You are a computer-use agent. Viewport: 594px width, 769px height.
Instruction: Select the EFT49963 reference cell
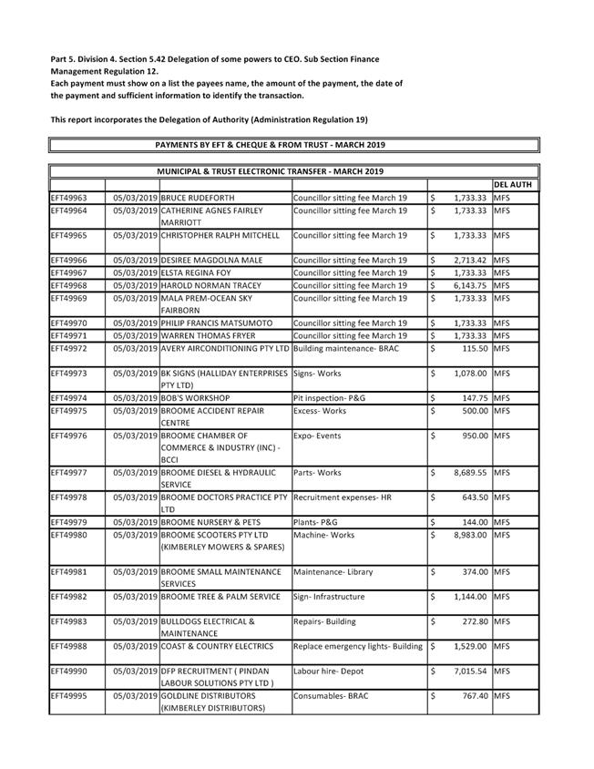pos(69,197)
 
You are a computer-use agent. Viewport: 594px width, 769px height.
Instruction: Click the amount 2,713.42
pos(469,260)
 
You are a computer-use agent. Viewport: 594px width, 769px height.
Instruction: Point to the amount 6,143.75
pos(469,285)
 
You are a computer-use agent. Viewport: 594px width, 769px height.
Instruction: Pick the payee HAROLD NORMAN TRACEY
pos(210,285)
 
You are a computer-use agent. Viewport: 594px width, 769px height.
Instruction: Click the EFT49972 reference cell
pos(69,348)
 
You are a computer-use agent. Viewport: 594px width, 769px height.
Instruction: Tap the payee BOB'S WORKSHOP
pos(195,398)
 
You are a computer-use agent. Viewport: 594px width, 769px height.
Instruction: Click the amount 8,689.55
pos(469,472)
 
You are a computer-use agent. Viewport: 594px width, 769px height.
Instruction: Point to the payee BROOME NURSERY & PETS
pos(210,522)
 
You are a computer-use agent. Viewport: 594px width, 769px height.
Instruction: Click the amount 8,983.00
pos(469,535)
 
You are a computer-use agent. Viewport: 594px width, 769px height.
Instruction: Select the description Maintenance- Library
pos(333,572)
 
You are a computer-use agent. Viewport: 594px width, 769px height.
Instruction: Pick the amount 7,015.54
pos(469,672)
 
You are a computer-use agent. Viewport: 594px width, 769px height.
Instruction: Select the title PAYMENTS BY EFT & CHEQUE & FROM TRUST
pos(271,145)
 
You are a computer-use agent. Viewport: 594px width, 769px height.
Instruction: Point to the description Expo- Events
pos(317,436)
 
